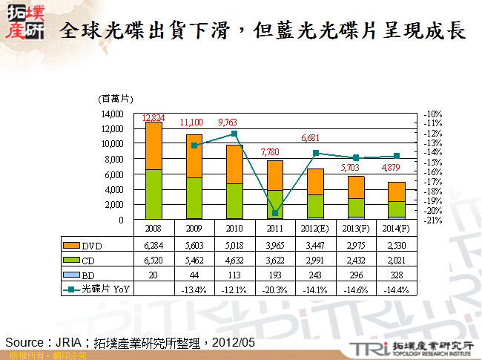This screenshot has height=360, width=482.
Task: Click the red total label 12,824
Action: click(153, 118)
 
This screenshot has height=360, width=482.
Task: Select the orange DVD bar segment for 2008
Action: click(153, 145)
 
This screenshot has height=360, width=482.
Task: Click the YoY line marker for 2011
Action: click(274, 213)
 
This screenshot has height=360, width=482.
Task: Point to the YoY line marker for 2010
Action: click(234, 134)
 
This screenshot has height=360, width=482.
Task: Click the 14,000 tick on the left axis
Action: click(112, 114)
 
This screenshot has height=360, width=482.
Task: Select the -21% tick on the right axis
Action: click(433, 220)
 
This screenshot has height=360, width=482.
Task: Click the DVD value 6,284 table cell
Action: click(153, 245)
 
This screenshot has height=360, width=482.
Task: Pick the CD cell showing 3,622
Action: click(274, 261)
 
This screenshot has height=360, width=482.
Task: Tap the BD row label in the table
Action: click(87, 275)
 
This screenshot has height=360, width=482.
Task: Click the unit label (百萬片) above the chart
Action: click(116, 99)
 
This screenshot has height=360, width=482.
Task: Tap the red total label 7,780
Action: click(274, 152)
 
